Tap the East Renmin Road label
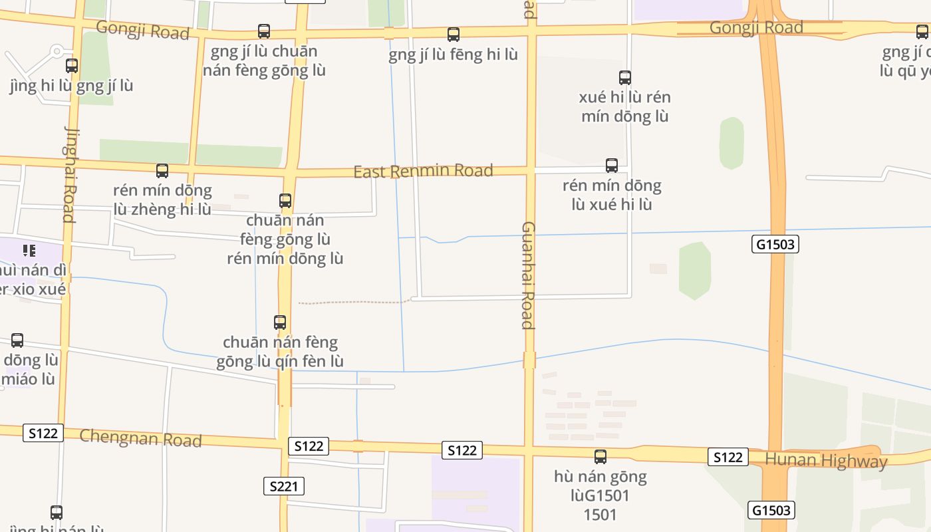tap(423, 171)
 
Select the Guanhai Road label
tap(528, 275)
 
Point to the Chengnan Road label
tap(140, 438)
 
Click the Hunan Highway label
tap(826, 460)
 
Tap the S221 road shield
tap(284, 486)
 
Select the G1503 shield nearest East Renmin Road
tap(775, 244)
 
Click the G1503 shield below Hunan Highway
tap(771, 510)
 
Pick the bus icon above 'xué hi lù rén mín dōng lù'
tap(625, 78)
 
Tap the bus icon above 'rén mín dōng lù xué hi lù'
tap(612, 166)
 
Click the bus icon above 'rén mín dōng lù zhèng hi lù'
tap(162, 171)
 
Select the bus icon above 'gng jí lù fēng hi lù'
tap(454, 35)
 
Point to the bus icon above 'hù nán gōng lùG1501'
tap(600, 457)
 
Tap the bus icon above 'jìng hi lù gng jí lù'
tap(72, 66)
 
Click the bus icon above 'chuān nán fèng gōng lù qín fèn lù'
tap(280, 323)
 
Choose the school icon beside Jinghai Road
tap(29, 251)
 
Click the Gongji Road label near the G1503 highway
tap(756, 28)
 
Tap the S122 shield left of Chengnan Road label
tap(43, 433)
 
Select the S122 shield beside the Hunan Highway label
tap(728, 457)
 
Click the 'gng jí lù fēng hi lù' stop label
tap(454, 55)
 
